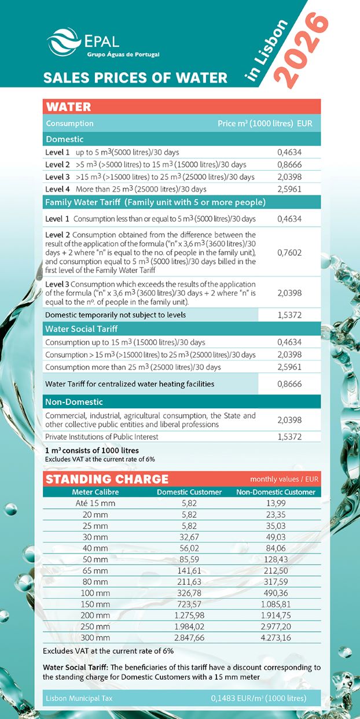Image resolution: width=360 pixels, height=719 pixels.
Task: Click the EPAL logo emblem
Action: point(64,42)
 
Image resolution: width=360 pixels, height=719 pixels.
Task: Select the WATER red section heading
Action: point(69,106)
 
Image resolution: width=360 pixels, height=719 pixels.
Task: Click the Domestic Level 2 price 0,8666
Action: point(289,165)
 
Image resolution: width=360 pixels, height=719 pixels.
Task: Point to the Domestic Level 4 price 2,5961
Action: point(289,189)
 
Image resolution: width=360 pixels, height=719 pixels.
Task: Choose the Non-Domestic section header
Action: point(74,401)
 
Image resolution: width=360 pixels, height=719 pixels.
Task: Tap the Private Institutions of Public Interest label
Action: point(102,437)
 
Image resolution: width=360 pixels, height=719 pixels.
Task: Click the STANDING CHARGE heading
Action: point(107,479)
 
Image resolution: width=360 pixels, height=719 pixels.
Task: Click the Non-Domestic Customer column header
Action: point(276,492)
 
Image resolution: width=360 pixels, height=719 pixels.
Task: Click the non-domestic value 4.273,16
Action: point(276,637)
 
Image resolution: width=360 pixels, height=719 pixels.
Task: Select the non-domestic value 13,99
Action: point(276,503)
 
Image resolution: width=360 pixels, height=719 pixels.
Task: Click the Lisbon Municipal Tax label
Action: point(79,698)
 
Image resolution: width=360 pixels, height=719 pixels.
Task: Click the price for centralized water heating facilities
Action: point(289,384)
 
